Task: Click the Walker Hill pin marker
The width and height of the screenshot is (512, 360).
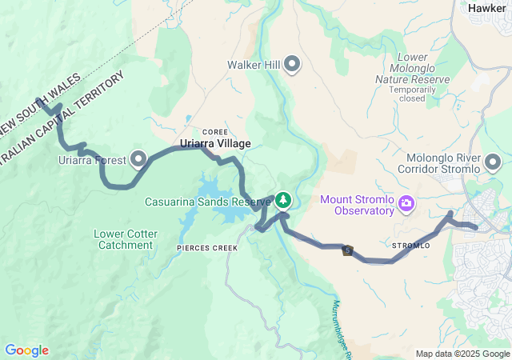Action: pos(291,64)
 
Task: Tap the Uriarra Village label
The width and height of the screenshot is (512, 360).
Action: pos(215,143)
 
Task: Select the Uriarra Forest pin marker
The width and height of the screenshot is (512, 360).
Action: pos(139,160)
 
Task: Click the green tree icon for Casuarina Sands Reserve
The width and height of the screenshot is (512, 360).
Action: pos(282,200)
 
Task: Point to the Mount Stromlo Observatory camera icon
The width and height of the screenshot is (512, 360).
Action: pos(407,205)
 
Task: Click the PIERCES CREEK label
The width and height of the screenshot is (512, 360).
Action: pos(207,249)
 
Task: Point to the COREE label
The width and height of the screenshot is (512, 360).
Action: pos(215,131)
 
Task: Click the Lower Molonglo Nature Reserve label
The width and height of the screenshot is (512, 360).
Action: pos(412,68)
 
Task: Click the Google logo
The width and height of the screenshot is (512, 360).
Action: pos(26,350)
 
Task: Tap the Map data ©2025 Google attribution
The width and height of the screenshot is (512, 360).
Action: pos(462,354)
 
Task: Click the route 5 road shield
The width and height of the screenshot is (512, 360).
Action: pos(347,250)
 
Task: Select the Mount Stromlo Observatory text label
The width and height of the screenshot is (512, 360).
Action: pos(358,205)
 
